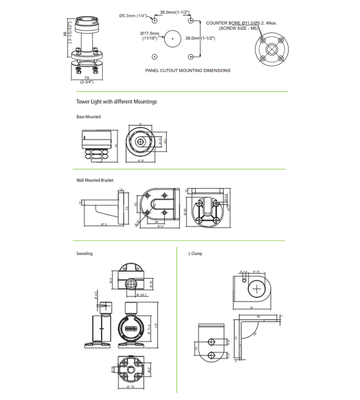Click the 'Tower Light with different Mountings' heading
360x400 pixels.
[116, 102]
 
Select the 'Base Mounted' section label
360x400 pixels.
[88, 117]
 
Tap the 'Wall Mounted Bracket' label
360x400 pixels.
[95, 180]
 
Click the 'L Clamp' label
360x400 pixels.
[195, 254]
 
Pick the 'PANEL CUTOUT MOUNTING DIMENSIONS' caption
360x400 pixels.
[188, 70]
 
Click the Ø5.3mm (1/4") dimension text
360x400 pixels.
[133, 16]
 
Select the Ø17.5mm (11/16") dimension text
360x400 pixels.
[150, 36]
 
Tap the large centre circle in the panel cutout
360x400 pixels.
[173, 38]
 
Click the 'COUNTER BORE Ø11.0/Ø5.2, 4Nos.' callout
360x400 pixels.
[241, 23]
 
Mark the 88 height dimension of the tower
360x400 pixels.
[65, 34]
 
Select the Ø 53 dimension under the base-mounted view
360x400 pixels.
[140, 160]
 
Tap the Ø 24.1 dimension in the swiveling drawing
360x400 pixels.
[142, 295]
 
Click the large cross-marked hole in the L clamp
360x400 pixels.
[257, 289]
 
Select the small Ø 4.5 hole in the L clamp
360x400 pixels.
[244, 279]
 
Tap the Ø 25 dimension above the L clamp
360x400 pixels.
[256, 272]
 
